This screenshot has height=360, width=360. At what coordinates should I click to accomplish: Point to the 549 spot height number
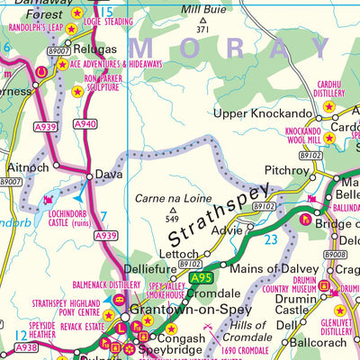click(x=173, y=218)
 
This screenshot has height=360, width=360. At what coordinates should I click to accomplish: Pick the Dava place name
click(x=102, y=175)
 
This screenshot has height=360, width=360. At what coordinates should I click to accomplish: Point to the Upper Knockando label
click(x=262, y=114)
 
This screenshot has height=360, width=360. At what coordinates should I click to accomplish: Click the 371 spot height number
click(x=202, y=30)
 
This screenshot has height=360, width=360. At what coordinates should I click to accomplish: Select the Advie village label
click(x=227, y=229)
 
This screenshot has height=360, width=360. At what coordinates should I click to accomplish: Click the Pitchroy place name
click(x=287, y=169)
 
